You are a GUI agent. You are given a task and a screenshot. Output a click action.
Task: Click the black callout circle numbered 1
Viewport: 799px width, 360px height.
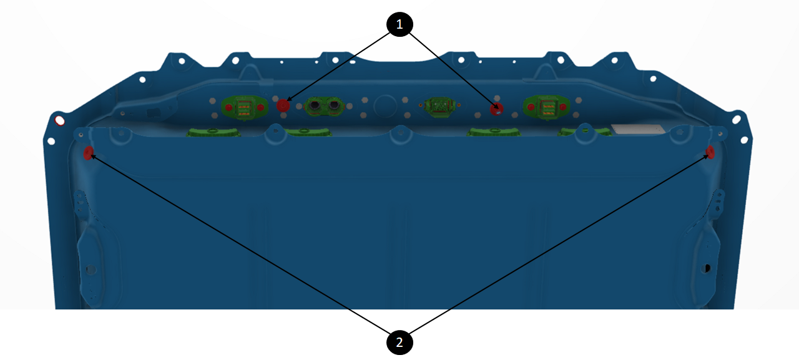(x=399, y=24)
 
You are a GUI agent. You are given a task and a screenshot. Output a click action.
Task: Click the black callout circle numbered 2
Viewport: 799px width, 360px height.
(x=399, y=342)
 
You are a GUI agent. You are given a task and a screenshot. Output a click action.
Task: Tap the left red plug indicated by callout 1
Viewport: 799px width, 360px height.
(x=283, y=105)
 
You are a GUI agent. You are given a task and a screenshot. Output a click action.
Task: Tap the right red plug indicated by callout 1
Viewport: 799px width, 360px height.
(x=497, y=109)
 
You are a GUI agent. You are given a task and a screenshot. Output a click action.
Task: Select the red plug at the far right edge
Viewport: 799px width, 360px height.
(x=710, y=151)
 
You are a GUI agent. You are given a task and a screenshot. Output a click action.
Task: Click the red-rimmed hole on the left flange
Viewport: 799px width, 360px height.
(x=60, y=120)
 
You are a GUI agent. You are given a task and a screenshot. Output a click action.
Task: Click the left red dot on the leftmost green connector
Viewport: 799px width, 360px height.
(x=228, y=108)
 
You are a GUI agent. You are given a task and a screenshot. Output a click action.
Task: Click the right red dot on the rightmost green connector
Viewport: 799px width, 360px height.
(x=563, y=107)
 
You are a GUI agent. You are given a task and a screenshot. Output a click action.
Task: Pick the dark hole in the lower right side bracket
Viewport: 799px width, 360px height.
(x=707, y=268)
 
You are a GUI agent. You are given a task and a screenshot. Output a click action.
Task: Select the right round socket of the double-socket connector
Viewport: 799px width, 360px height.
(x=334, y=105)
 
